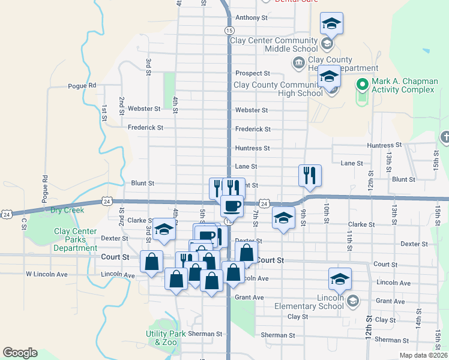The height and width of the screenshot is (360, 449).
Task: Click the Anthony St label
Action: point(252,18)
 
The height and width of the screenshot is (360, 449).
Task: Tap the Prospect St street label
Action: point(252,73)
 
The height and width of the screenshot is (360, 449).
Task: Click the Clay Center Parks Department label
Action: point(76,239)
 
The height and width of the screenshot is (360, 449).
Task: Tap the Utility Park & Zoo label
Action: point(161,338)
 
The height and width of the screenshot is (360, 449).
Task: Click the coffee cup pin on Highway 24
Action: point(232,206)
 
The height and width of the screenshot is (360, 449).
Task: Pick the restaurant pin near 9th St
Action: point(310,175)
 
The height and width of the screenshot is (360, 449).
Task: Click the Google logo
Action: point(20,353)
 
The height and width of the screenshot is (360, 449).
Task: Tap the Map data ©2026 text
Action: point(424,355)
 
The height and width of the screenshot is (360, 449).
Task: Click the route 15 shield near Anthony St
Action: point(229,30)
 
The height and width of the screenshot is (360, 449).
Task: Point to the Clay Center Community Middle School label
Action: point(275,45)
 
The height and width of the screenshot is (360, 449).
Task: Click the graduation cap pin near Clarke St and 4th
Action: point(164,229)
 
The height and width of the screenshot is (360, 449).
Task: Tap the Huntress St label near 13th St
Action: point(387,145)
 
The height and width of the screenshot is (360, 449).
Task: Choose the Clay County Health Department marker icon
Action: point(298,62)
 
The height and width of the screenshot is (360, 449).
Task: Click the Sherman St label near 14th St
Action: point(391,340)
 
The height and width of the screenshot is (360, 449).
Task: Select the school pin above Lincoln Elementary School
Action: point(339,278)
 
